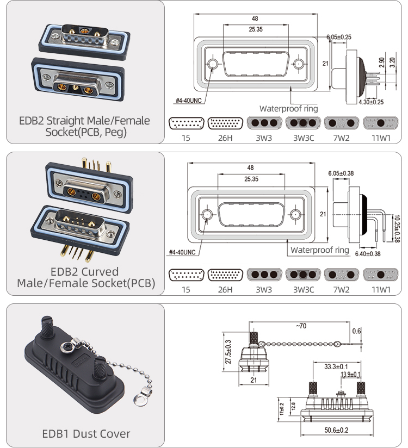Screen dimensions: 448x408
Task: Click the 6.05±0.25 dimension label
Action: [x=338, y=37]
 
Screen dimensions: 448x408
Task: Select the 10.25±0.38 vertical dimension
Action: [x=397, y=229]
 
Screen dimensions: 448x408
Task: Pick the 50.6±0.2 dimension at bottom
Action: [x=337, y=431]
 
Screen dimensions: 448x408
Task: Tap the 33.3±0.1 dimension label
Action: [x=336, y=366]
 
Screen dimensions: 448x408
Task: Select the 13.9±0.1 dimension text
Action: [x=350, y=375]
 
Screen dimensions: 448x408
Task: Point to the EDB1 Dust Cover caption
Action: [x=86, y=434]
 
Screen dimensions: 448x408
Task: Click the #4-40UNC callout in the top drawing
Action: [x=189, y=101]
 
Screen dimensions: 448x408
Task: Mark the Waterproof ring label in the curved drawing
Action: [x=319, y=250]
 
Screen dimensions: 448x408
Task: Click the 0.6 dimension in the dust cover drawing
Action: [x=356, y=331]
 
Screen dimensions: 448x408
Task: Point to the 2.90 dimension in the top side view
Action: [x=383, y=63]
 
